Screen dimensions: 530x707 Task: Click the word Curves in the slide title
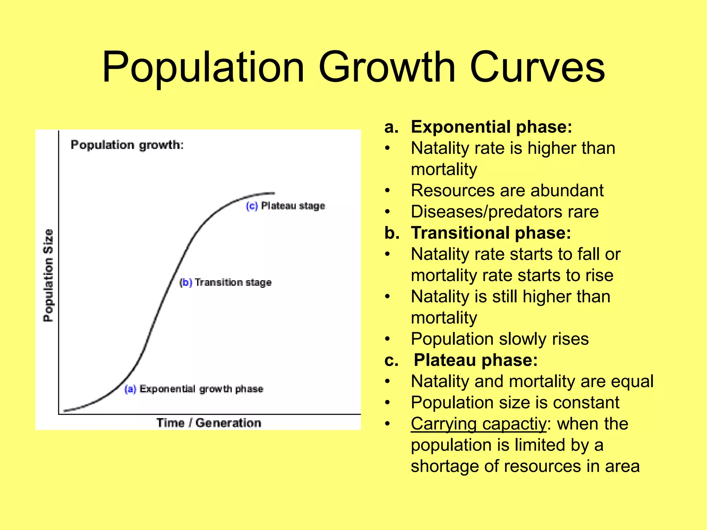(537, 67)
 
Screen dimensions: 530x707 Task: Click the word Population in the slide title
(203, 67)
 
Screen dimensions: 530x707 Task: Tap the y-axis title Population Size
(49, 275)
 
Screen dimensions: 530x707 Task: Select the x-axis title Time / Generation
(209, 423)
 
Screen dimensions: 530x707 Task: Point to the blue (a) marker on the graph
(130, 389)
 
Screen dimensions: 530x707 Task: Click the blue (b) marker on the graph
(186, 283)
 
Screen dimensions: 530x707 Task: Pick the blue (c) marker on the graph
(252, 206)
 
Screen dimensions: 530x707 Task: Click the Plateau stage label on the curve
(293, 206)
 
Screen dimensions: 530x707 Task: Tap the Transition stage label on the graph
(233, 283)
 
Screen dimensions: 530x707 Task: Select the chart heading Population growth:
(127, 145)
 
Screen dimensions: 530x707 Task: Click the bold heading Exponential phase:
(492, 127)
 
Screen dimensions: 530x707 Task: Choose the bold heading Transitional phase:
(491, 233)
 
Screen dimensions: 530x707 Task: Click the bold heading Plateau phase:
(476, 360)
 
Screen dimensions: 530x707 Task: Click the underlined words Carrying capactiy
(479, 424)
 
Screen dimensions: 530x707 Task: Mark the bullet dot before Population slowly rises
(388, 339)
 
